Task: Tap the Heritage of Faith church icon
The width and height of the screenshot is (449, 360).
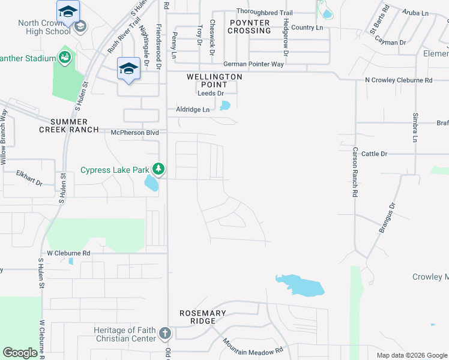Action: tap(165, 333)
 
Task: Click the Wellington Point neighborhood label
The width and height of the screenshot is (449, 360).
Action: tap(214, 80)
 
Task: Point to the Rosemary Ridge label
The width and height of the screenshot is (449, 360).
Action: tap(203, 317)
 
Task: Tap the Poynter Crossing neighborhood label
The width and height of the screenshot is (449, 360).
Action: tap(250, 26)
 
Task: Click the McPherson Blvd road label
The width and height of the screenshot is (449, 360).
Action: tap(134, 132)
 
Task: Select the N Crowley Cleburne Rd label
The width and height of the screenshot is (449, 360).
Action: tap(399, 80)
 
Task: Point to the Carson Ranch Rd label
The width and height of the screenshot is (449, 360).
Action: tap(355, 173)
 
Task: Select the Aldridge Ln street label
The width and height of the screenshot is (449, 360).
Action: tap(193, 109)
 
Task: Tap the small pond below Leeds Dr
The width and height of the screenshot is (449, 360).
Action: tap(225, 106)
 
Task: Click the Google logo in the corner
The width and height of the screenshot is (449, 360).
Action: tap(20, 353)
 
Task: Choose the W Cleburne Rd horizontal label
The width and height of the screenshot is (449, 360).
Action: tap(68, 253)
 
